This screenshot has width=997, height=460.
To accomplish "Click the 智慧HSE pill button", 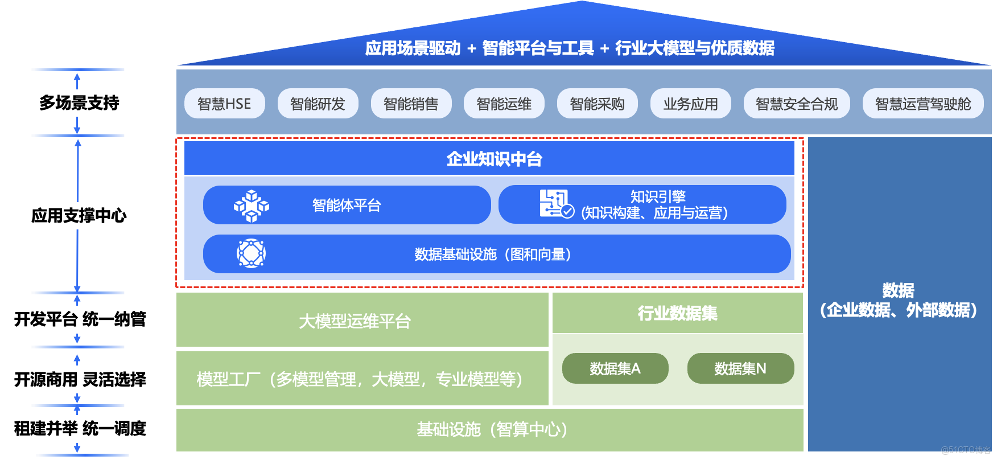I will coord(224,104).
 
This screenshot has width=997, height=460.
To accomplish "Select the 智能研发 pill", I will coord(318,104).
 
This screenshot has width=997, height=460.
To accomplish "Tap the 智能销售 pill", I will coord(411,104).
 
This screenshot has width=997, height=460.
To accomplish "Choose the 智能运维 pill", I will coord(504,104).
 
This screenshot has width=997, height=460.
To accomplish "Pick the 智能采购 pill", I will coord(597,104).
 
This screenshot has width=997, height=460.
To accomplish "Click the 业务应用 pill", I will coord(690,104).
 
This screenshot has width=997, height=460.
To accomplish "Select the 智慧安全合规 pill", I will coord(796,104).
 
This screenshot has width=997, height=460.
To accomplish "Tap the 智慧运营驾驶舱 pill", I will coord(922,104).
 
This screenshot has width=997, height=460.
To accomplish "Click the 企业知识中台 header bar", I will coord(489,158).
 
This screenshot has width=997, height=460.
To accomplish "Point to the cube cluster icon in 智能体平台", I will coord(251,206).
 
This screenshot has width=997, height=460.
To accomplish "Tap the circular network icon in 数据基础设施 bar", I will coord(251,253).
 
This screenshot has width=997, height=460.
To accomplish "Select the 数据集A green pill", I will coord(615,368).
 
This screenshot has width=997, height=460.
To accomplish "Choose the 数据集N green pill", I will coord(740,368).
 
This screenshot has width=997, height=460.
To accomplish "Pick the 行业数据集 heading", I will coord(677,313).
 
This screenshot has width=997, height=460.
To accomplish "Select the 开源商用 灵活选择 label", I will coord(81,379).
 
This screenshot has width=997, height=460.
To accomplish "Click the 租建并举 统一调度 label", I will coord(81,429).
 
